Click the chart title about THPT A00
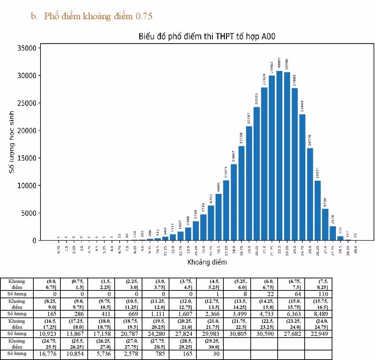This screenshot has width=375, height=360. (207, 37)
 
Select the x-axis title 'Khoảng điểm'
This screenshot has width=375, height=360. (207, 262)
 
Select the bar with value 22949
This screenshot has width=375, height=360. (302, 177)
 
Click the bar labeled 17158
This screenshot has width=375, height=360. (241, 193)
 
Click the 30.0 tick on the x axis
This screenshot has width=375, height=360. (355, 247)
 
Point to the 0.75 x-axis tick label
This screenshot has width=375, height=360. (59, 248)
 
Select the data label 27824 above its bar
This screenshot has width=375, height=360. (264, 79)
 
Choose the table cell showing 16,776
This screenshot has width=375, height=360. (47, 354)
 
